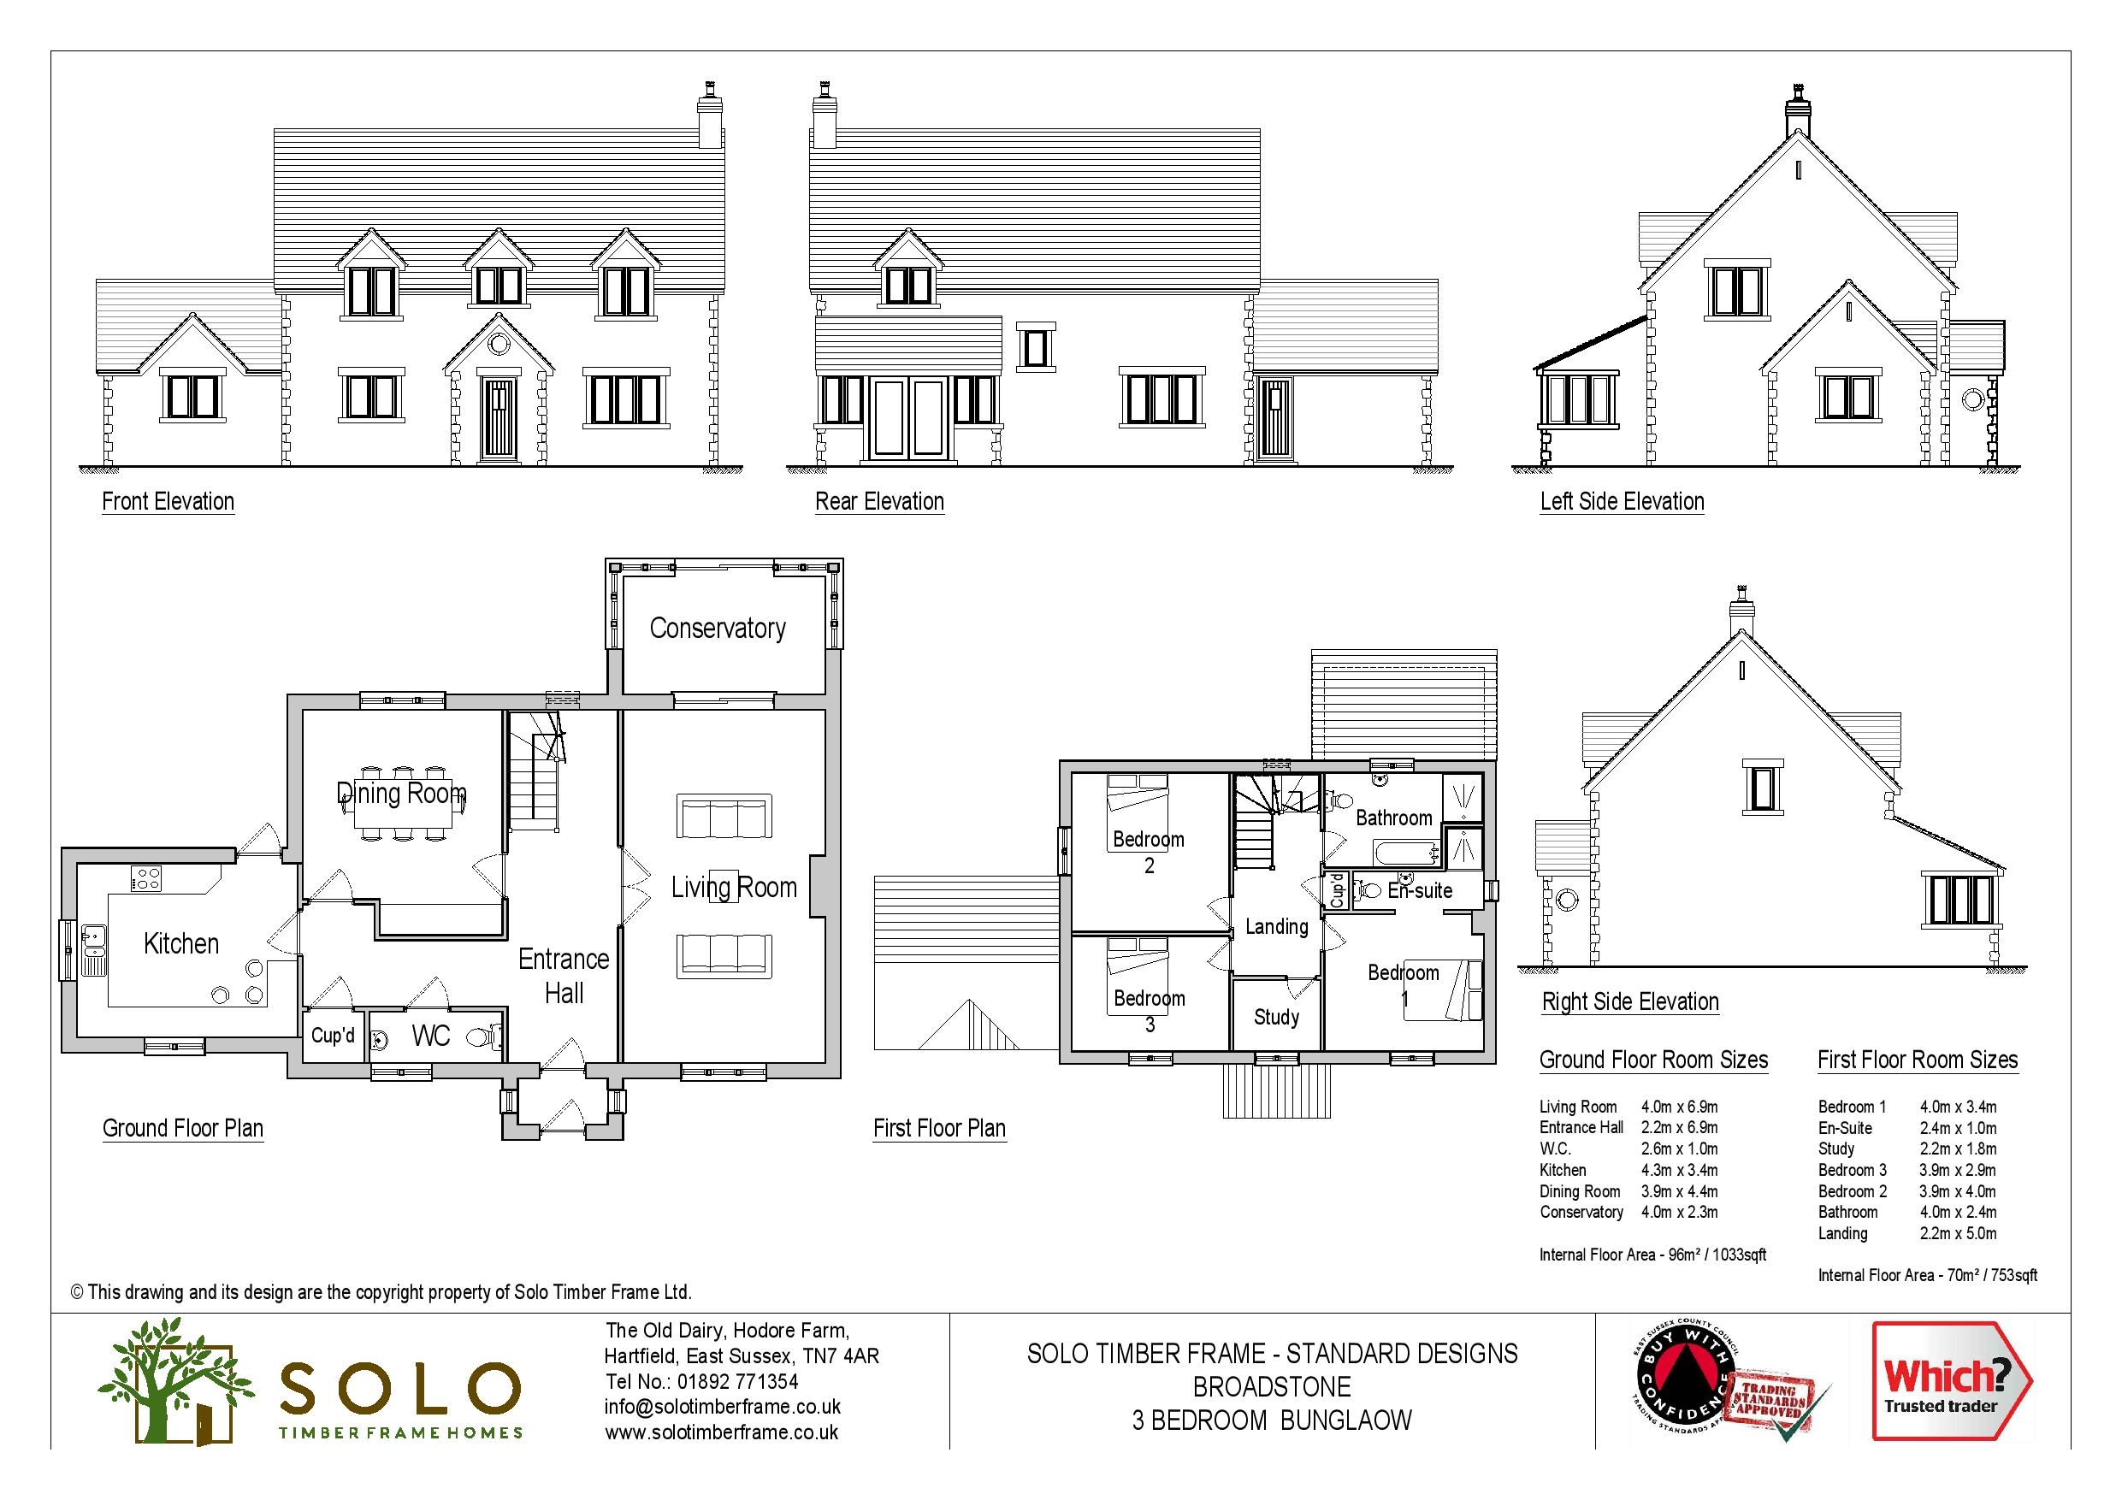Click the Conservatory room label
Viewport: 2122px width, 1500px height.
click(x=718, y=629)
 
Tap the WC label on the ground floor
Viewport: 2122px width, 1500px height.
click(x=431, y=1036)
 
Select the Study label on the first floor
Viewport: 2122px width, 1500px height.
click(x=1276, y=1018)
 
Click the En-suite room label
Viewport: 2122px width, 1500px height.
click(x=1420, y=891)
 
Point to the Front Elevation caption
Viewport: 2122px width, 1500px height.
click(x=168, y=502)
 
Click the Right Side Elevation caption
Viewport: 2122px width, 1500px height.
click(x=1630, y=1001)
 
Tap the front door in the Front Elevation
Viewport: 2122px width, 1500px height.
click(x=498, y=419)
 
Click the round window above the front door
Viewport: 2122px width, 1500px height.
click(x=498, y=345)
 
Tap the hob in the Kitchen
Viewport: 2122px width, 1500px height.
click(x=146, y=878)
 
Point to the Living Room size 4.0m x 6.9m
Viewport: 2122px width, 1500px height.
click(x=1679, y=1107)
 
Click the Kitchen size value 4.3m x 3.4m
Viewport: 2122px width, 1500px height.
click(x=1679, y=1171)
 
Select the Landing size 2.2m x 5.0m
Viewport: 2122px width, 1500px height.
click(x=1958, y=1234)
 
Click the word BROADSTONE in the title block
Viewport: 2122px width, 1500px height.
click(x=1272, y=1387)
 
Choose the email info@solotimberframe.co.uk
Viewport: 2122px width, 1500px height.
click(x=723, y=1408)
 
